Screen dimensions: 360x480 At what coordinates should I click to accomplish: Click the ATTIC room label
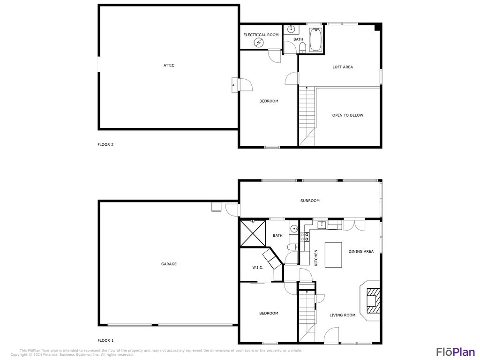(169, 65)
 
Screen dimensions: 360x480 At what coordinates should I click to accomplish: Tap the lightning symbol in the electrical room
(259, 43)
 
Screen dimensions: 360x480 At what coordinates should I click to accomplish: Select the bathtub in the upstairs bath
(315, 40)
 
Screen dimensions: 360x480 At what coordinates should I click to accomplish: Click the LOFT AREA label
(342, 67)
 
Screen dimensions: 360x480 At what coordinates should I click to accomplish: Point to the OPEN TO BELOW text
(347, 115)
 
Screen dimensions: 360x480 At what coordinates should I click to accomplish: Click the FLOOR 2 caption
(105, 145)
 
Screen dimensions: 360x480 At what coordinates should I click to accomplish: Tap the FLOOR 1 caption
(105, 341)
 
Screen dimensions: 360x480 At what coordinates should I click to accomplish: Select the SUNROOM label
(310, 201)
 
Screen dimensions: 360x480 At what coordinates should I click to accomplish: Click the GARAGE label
(169, 264)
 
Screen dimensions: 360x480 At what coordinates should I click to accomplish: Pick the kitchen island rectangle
(333, 255)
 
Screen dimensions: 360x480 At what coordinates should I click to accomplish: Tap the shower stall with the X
(253, 233)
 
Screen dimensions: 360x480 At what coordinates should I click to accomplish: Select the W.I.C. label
(257, 267)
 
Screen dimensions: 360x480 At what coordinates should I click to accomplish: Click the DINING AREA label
(361, 252)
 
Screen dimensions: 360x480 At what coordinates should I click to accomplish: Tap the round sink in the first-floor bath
(294, 229)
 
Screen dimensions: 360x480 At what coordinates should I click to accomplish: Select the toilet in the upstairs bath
(302, 46)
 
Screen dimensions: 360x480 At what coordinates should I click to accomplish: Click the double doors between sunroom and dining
(354, 225)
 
